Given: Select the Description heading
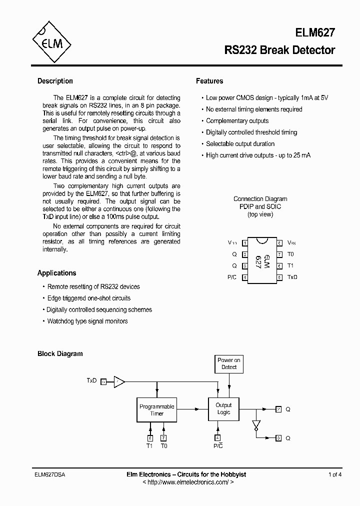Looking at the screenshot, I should (x=55, y=81).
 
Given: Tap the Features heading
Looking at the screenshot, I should (x=209, y=81).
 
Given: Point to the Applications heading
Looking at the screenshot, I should (x=56, y=273).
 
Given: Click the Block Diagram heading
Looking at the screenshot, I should (x=60, y=353).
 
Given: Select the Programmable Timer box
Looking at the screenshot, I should (x=156, y=409).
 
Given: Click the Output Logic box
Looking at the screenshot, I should (x=223, y=408).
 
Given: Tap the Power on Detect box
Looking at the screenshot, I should (x=229, y=363).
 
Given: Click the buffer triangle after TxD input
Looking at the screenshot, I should (x=119, y=381).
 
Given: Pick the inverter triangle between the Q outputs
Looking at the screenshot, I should (x=256, y=425).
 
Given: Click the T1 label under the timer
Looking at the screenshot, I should (x=149, y=445).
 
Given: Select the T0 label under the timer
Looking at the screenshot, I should (x=163, y=445).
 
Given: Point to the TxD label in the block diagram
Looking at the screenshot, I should (x=91, y=380).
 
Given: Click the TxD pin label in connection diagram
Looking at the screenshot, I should (x=292, y=277).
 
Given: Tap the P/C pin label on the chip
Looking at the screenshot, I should (x=231, y=277).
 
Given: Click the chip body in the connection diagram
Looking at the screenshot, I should (x=260, y=260).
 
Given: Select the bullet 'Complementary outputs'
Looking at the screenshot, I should (x=237, y=121).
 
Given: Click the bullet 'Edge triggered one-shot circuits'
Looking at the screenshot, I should (x=88, y=298).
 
